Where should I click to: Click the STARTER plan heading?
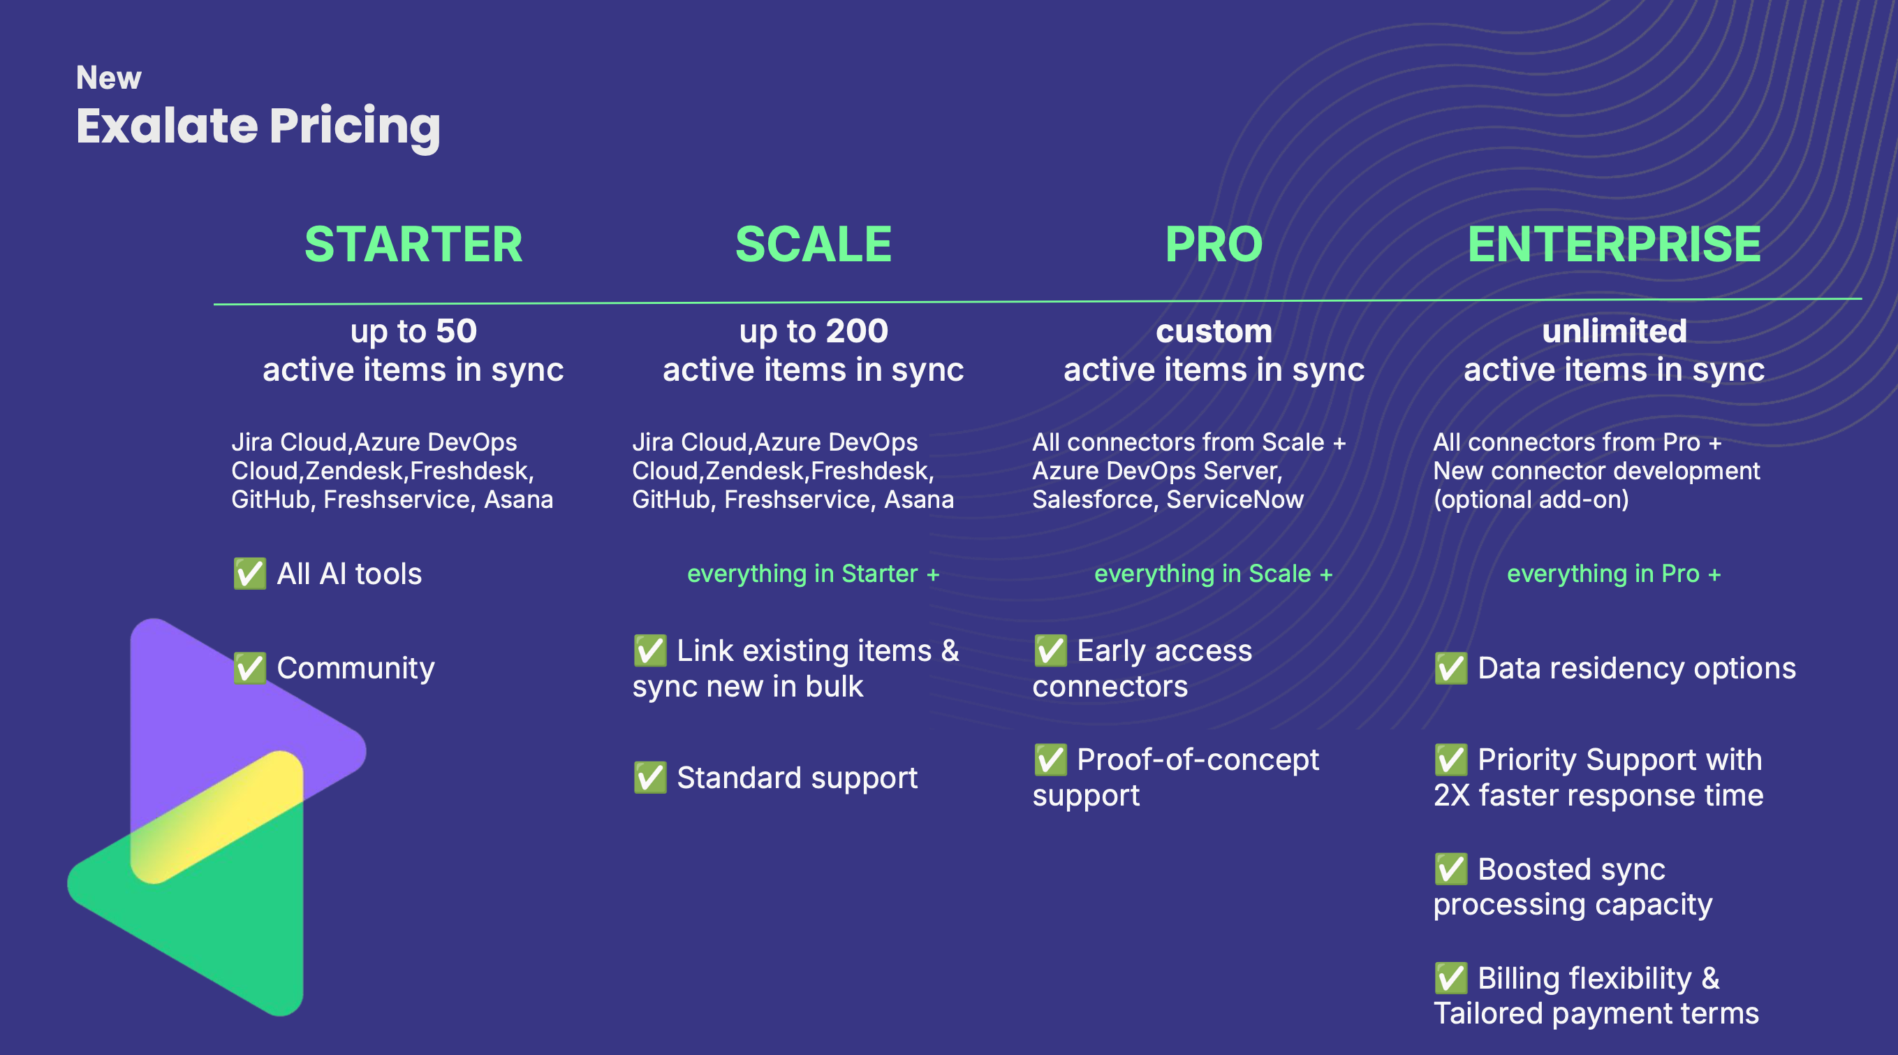[413, 244]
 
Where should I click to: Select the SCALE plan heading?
[814, 244]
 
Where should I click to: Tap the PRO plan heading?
[1214, 244]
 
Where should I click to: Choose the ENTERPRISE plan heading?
[1614, 244]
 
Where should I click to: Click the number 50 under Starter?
[456, 331]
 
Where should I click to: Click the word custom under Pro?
[1214, 332]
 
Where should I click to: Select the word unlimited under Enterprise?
[1614, 331]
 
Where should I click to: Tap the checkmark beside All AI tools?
[250, 574]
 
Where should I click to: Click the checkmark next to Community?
[250, 668]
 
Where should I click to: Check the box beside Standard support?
[650, 777]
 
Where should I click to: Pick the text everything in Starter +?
[814, 574]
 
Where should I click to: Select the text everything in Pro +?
[1614, 574]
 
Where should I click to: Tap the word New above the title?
[108, 78]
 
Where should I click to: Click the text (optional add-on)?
[1531, 500]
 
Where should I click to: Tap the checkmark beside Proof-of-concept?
[1050, 759]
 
